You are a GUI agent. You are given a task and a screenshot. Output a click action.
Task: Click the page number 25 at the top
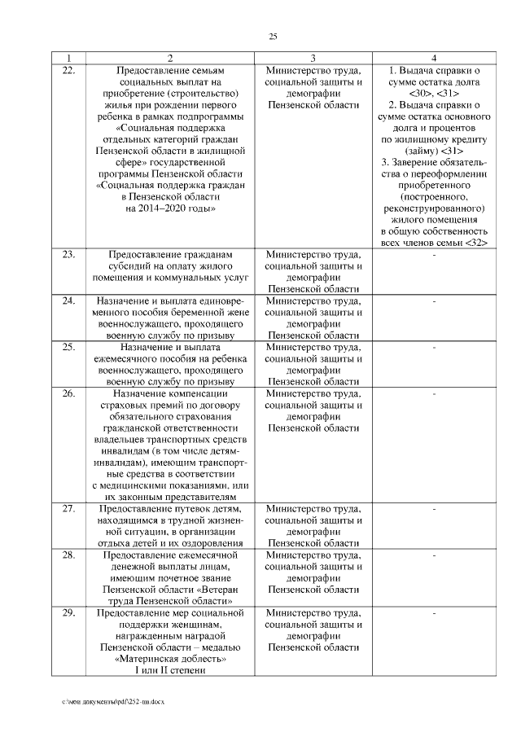pyautogui.click(x=273, y=36)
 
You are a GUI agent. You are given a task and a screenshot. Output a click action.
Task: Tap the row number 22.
pyautogui.click(x=68, y=71)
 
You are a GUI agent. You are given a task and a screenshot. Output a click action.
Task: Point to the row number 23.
pyautogui.click(x=68, y=255)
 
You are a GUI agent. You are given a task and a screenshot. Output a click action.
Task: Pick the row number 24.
pyautogui.click(x=68, y=301)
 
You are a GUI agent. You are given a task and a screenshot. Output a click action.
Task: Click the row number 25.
pyautogui.click(x=68, y=347)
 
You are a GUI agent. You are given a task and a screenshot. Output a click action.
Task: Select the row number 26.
pyautogui.click(x=68, y=393)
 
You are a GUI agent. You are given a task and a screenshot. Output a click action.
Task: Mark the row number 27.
pyautogui.click(x=68, y=509)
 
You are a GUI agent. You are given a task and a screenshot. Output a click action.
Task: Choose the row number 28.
pyautogui.click(x=68, y=555)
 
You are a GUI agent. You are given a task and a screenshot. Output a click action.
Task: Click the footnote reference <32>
pyautogui.click(x=475, y=243)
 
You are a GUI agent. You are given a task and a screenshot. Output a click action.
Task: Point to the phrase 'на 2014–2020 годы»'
pyautogui.click(x=170, y=209)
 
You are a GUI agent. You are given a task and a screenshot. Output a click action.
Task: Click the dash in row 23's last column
pyautogui.click(x=435, y=255)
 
